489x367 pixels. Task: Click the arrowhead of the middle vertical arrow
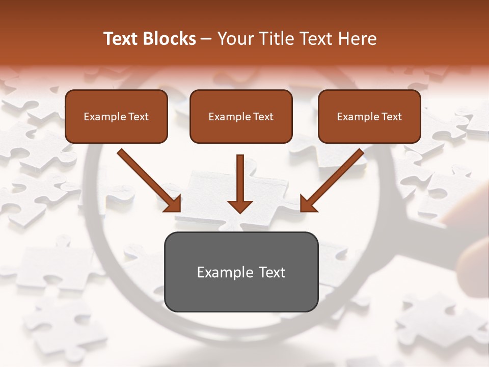coord(240,205)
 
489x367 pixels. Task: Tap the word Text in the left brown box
coord(138,117)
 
